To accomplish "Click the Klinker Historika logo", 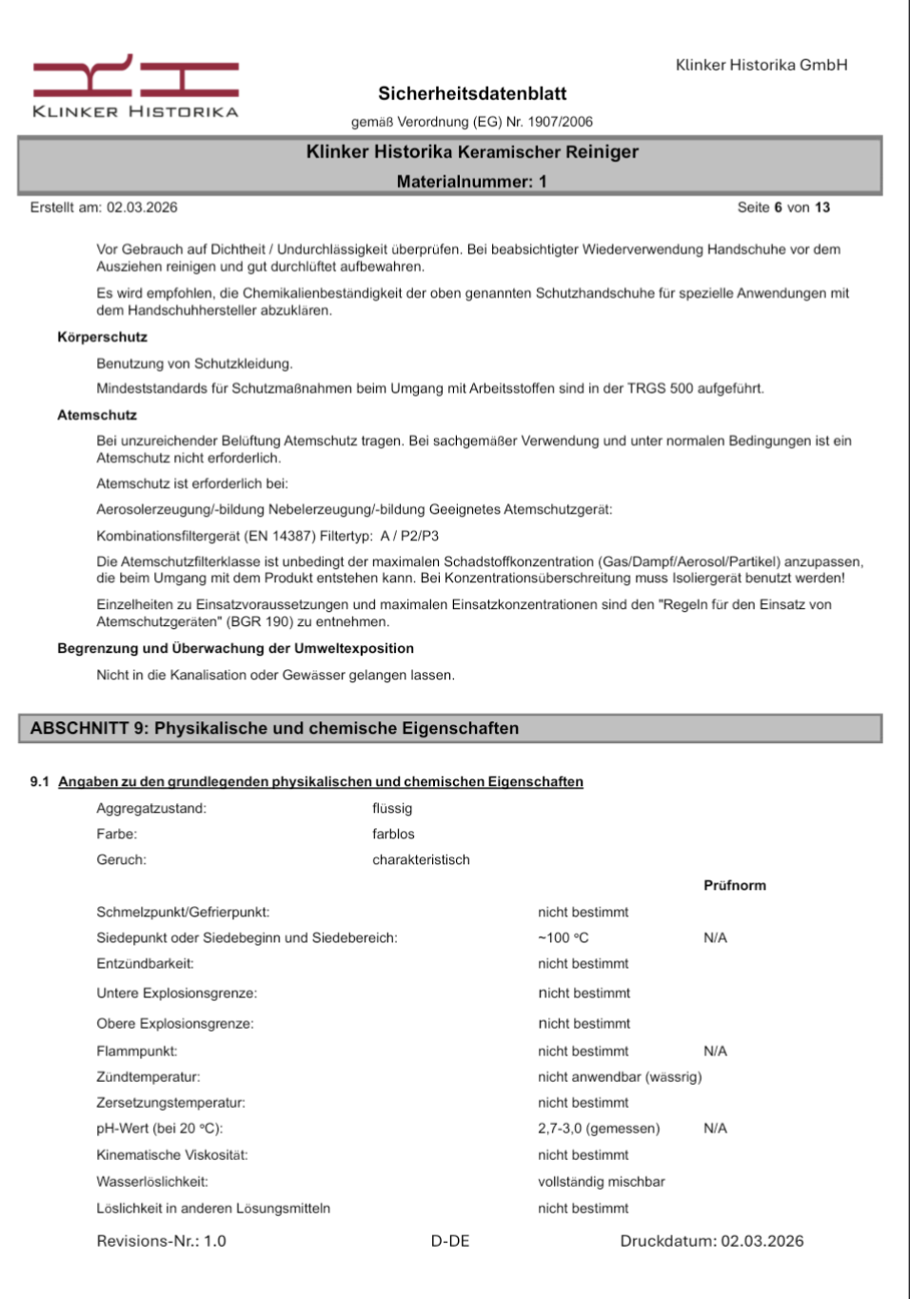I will coord(135,87).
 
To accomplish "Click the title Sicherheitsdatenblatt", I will coord(472,93).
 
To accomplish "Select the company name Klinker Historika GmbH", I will coord(761,65).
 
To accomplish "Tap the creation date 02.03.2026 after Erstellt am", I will coord(142,207).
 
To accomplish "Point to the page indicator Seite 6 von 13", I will coord(782,207).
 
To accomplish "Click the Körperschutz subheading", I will coord(102,337).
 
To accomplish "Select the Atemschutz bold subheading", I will coord(97,415).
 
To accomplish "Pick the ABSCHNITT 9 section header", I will coord(274,728).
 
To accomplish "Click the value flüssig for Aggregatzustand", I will coord(392,808).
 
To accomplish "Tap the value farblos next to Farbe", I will coord(393,834).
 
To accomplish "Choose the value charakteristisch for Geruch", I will coord(421,859).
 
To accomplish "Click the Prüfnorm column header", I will coord(734,885).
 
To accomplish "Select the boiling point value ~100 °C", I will coord(563,937).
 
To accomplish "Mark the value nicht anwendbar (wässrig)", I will coord(620,1076).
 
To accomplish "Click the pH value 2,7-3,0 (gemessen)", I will coord(598,1128).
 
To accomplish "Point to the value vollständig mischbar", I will coord(601,1181).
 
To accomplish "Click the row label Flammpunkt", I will coord(136,1051).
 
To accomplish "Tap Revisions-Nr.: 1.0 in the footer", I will coord(161,1241).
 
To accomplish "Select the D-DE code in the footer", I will coord(450,1241).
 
